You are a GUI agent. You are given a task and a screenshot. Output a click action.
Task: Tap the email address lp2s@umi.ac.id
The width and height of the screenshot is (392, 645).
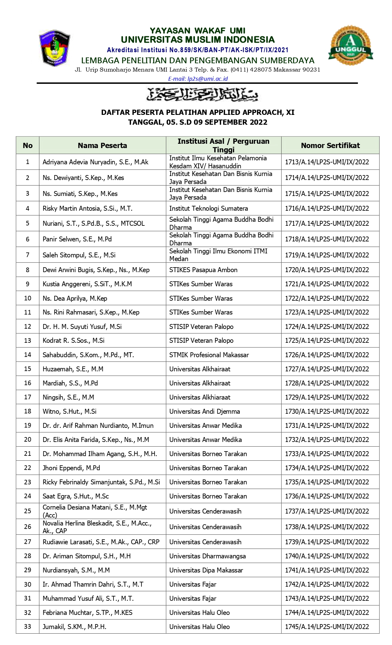[x=198, y=79]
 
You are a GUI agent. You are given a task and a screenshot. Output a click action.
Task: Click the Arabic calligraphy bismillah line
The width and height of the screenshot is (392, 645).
[x=202, y=94]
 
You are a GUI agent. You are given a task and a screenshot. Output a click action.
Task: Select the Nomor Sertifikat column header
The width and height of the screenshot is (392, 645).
[x=330, y=145]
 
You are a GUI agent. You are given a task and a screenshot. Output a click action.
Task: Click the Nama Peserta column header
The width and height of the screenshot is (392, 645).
[x=102, y=145]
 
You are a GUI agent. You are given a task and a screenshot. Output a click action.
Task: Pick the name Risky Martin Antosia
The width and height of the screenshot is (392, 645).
[x=87, y=209]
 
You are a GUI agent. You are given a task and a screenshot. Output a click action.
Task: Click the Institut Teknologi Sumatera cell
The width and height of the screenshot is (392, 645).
[x=208, y=209]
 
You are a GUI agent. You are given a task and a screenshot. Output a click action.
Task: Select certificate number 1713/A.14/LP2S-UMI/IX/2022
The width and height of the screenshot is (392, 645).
[x=327, y=162]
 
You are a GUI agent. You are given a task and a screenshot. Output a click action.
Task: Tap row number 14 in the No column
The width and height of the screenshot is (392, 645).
[x=28, y=355]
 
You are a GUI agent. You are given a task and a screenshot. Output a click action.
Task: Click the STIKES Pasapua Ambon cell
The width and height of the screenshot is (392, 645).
[x=203, y=270]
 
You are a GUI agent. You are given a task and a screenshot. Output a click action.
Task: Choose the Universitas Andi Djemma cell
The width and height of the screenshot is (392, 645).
[x=204, y=411]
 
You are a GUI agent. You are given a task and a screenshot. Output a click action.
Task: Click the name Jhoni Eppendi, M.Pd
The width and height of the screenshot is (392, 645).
[x=71, y=468]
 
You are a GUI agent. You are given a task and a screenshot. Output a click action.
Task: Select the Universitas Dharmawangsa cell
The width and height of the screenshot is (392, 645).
[x=208, y=556]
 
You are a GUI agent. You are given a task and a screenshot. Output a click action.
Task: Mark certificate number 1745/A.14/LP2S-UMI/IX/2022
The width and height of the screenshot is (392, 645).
[x=327, y=627]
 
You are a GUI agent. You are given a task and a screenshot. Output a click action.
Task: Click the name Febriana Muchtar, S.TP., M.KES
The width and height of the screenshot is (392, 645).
[x=87, y=612]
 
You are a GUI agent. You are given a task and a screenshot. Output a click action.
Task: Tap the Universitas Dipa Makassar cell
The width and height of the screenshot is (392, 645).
[x=206, y=570]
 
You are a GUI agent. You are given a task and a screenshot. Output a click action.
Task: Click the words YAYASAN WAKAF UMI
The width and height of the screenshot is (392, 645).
[x=197, y=31]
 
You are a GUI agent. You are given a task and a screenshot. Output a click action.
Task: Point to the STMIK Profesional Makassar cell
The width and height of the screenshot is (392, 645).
[x=209, y=355]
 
